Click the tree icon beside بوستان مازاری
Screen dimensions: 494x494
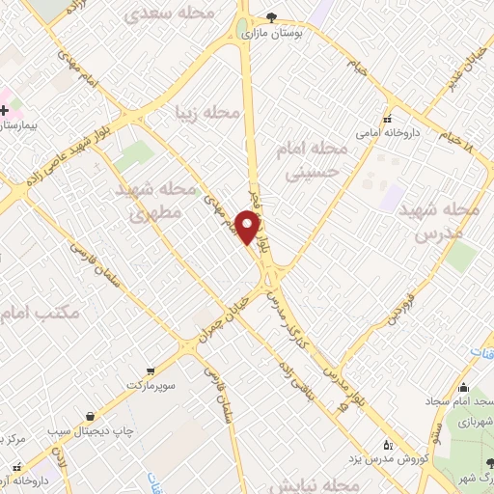(x=271, y=16)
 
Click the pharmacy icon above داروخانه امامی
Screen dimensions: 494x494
(x=386, y=121)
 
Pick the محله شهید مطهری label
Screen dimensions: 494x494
(x=160, y=202)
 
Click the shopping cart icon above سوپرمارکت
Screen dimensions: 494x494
(x=150, y=370)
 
